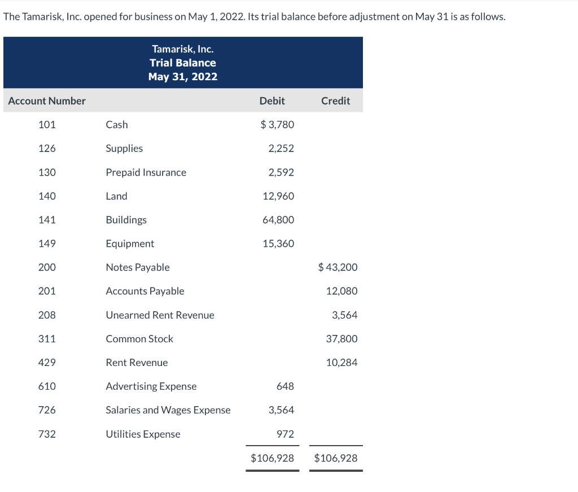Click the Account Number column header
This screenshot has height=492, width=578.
click(47, 101)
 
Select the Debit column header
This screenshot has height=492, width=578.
click(272, 101)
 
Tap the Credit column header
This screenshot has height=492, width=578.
click(335, 101)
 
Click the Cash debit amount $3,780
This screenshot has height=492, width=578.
click(277, 125)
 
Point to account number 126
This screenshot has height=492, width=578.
click(47, 149)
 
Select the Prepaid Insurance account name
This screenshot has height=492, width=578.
click(146, 172)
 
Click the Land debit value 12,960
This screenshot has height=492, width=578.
click(278, 196)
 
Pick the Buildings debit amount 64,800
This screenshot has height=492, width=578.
click(278, 220)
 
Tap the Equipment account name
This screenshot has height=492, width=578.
click(130, 243)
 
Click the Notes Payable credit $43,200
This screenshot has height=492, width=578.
click(338, 267)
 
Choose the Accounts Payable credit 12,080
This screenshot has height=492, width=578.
click(341, 291)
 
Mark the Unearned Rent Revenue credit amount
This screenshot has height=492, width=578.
click(344, 315)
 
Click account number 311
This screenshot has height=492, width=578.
click(47, 339)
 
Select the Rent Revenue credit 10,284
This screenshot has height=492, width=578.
click(341, 363)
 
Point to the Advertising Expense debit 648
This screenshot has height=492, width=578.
click(285, 386)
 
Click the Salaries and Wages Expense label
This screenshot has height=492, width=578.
click(168, 410)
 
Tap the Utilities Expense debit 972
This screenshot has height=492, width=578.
click(285, 434)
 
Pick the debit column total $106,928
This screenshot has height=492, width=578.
click(273, 458)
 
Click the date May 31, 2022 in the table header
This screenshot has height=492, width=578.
click(183, 77)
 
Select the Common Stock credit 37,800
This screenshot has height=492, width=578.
click(341, 339)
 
